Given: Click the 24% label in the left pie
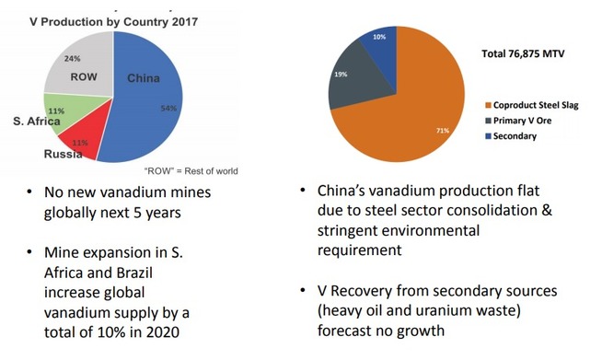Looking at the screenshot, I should pos(71,58).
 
